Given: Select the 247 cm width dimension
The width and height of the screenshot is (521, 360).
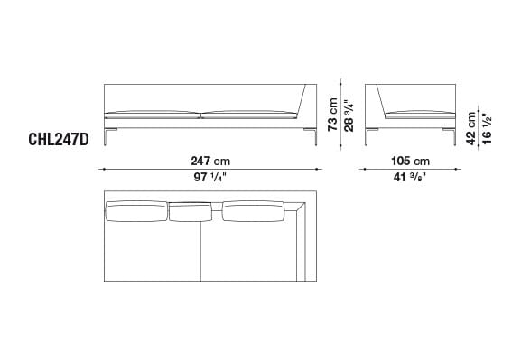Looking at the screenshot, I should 209,160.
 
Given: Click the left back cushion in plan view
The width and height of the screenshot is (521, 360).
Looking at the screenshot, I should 136,211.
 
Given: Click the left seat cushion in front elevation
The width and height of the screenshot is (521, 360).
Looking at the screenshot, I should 152,115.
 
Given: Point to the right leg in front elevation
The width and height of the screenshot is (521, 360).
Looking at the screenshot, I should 312,135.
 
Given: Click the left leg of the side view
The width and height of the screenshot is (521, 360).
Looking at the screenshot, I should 367,135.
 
